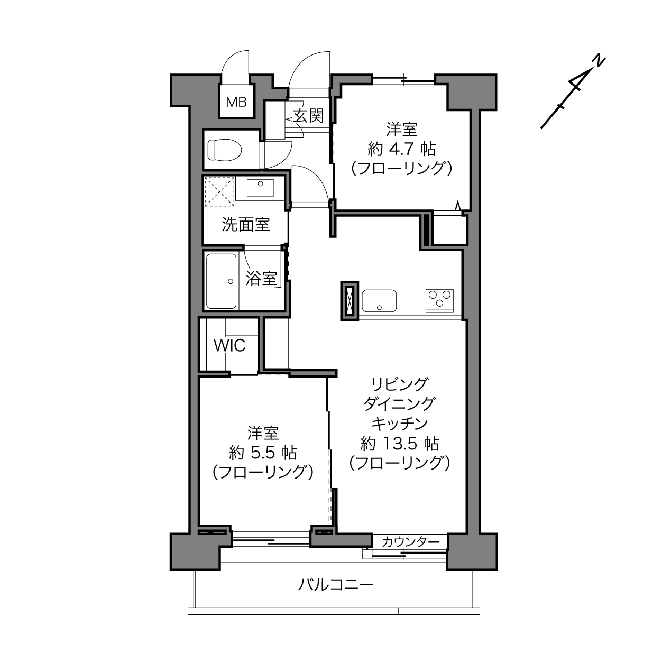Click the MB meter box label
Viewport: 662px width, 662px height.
236,102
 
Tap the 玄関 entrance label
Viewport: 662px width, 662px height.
308,116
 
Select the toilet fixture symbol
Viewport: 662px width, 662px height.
225,150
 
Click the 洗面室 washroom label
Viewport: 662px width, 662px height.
246,225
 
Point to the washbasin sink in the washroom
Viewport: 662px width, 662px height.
260,188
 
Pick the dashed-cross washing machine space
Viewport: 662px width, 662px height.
220,191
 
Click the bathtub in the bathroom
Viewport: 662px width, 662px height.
222,281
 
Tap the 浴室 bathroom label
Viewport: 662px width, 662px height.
261,278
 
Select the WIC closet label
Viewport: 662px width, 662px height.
229,345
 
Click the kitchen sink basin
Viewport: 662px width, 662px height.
379,301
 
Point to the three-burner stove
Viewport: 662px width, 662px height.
439,301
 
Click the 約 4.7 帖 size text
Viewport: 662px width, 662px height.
402,150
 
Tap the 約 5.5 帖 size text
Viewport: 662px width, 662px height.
263,453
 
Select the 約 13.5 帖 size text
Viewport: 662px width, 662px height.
400,444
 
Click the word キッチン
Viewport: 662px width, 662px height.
400,424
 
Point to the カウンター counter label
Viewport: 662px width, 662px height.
410,542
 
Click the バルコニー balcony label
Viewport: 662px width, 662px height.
336,584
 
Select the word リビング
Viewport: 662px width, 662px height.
400,384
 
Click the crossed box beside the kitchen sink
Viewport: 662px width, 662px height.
350,301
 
